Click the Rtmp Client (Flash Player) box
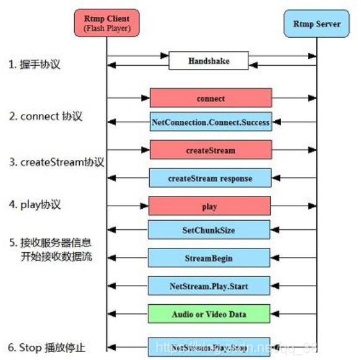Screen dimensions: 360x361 pos(107,23)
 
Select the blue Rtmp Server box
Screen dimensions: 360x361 pos(316,24)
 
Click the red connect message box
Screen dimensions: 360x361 pos(211,98)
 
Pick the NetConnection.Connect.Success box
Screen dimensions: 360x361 pos(211,122)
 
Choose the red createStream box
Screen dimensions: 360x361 pos(211,150)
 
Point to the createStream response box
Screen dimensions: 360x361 pos(210,178)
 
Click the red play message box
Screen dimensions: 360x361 pos(209,206)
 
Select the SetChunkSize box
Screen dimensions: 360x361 pos(209,230)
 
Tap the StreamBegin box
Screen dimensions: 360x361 pos(209,258)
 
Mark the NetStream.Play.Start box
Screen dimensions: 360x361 pos(209,286)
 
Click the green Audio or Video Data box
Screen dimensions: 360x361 pos(209,314)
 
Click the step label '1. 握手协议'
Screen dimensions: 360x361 pos(37,64)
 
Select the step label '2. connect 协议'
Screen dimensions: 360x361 pos(46,116)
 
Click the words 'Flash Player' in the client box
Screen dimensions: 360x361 pos(107,27)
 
